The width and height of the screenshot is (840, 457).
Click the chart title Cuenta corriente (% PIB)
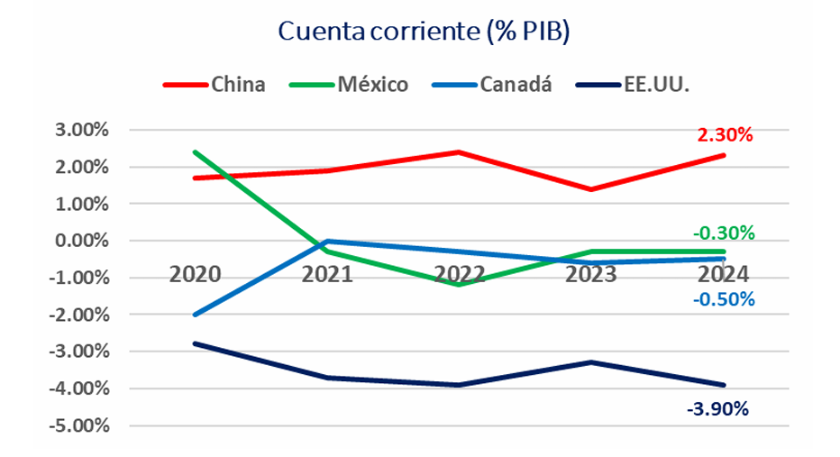tap(425, 32)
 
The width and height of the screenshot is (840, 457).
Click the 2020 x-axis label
tap(195, 273)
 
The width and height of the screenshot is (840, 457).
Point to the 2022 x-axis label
tap(460, 273)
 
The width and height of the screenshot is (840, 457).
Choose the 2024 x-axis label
tap(724, 273)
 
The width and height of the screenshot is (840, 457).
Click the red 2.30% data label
tap(725, 136)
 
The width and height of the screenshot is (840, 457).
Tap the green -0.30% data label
tap(722, 233)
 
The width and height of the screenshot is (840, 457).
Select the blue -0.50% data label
tap(722, 299)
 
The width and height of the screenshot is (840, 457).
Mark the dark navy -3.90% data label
tap(717, 409)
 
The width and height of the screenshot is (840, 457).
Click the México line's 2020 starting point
tap(195, 152)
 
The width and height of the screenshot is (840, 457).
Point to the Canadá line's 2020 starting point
tap(195, 315)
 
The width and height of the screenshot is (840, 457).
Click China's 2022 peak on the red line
tap(460, 152)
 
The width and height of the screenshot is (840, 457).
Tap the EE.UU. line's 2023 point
tap(591, 362)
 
